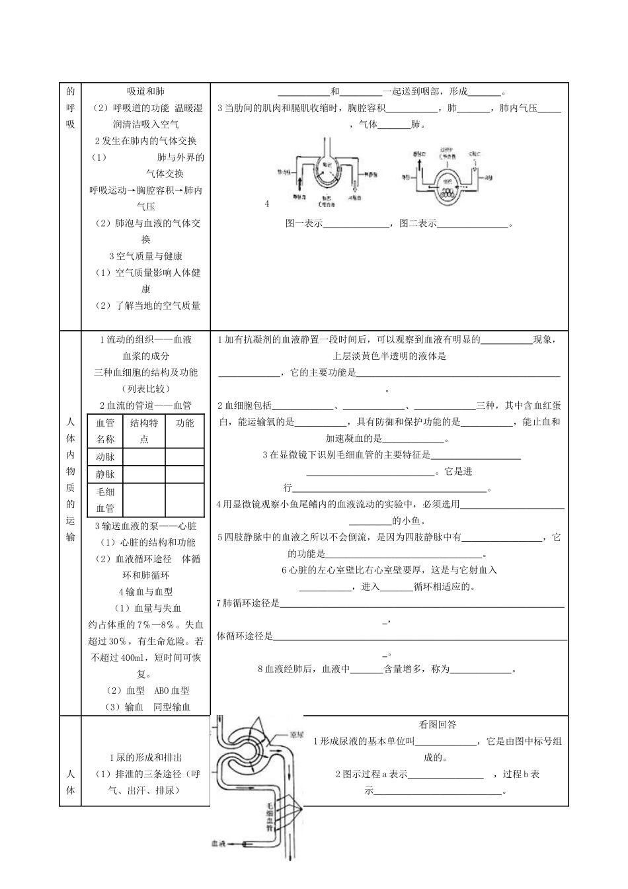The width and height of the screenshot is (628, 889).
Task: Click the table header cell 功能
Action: click(x=184, y=423)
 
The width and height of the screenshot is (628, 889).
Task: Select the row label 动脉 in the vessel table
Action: click(x=105, y=457)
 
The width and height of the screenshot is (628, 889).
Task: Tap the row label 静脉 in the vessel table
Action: click(x=105, y=474)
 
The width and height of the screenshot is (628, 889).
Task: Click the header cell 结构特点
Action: click(x=144, y=431)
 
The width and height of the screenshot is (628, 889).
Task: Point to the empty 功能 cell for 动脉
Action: click(x=184, y=457)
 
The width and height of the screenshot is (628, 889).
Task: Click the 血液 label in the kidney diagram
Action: click(x=219, y=843)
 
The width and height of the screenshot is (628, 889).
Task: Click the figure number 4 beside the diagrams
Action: click(x=267, y=204)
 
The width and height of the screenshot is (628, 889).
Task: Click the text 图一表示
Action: click(x=303, y=224)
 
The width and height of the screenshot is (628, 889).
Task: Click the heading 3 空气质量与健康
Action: click(x=145, y=256)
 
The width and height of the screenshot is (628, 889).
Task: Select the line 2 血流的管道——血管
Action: click(x=145, y=405)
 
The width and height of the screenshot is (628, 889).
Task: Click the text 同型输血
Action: click(x=172, y=707)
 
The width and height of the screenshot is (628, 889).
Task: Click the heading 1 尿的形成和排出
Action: click(x=145, y=758)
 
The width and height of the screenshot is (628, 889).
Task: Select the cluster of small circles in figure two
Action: click(x=448, y=194)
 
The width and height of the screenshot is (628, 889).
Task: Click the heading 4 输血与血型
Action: click(x=145, y=592)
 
